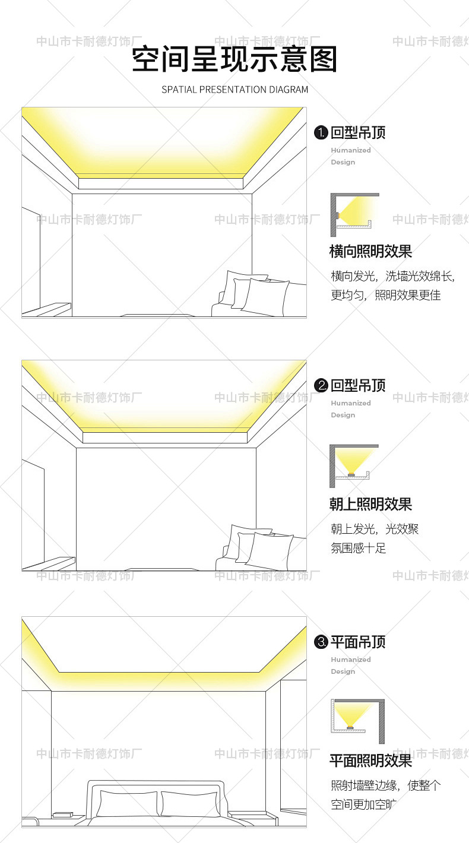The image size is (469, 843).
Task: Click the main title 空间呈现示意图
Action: pyautogui.click(x=235, y=59)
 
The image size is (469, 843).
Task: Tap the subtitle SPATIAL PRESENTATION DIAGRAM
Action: pyautogui.click(x=235, y=90)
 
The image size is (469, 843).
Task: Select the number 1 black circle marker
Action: pyautogui.click(x=321, y=132)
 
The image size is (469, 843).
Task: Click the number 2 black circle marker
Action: pyautogui.click(x=321, y=386)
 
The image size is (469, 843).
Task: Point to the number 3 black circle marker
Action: pyautogui.click(x=321, y=642)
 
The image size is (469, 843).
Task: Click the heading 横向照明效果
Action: pyautogui.click(x=370, y=251)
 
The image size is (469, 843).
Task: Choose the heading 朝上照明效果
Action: pyautogui.click(x=370, y=505)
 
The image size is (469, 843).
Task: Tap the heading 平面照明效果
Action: pyautogui.click(x=370, y=761)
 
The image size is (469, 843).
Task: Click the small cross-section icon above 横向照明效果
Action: pyautogui.click(x=354, y=211)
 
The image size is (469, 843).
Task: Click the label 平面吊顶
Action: pyautogui.click(x=358, y=642)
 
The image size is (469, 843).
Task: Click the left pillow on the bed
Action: pyautogui.click(x=128, y=803)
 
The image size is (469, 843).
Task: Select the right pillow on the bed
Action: pyautogui.click(x=190, y=803)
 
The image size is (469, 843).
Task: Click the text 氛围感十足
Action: pyautogui.click(x=358, y=548)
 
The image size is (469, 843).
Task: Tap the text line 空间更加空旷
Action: pyautogui.click(x=363, y=804)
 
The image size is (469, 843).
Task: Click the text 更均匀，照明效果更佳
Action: pyautogui.click(x=386, y=295)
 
